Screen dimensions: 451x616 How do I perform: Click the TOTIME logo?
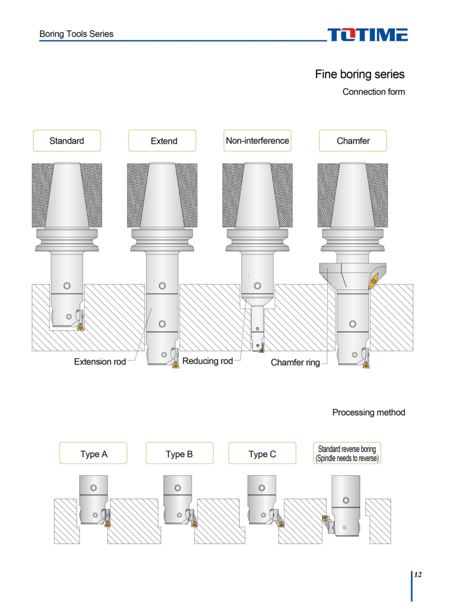point(367,35)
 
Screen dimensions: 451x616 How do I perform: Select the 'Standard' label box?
point(67,141)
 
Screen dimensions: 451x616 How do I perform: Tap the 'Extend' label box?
point(162,141)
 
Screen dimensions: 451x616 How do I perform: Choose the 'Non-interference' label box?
point(257,141)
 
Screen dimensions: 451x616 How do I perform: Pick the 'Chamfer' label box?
point(353,141)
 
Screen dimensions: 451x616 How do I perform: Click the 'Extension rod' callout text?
point(100,362)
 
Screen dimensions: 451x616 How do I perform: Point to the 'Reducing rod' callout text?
point(207,361)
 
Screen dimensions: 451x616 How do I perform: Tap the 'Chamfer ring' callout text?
point(295,362)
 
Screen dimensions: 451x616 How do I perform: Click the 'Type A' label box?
point(93,454)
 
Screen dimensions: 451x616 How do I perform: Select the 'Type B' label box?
point(180,454)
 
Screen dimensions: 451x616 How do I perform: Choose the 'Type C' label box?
point(262,454)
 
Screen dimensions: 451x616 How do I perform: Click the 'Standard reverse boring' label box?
point(347,454)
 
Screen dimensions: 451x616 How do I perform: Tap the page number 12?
point(418,575)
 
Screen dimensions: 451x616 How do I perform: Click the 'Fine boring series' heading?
point(360,74)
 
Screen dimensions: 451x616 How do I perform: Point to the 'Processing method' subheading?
point(369,413)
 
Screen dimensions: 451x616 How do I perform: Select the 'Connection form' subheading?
point(373,92)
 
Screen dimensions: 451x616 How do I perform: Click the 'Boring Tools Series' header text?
point(76,34)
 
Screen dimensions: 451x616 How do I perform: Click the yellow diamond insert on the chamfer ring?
point(373,281)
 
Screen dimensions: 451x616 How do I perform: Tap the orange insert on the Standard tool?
point(81,327)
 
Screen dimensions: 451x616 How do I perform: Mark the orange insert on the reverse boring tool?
point(325,518)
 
